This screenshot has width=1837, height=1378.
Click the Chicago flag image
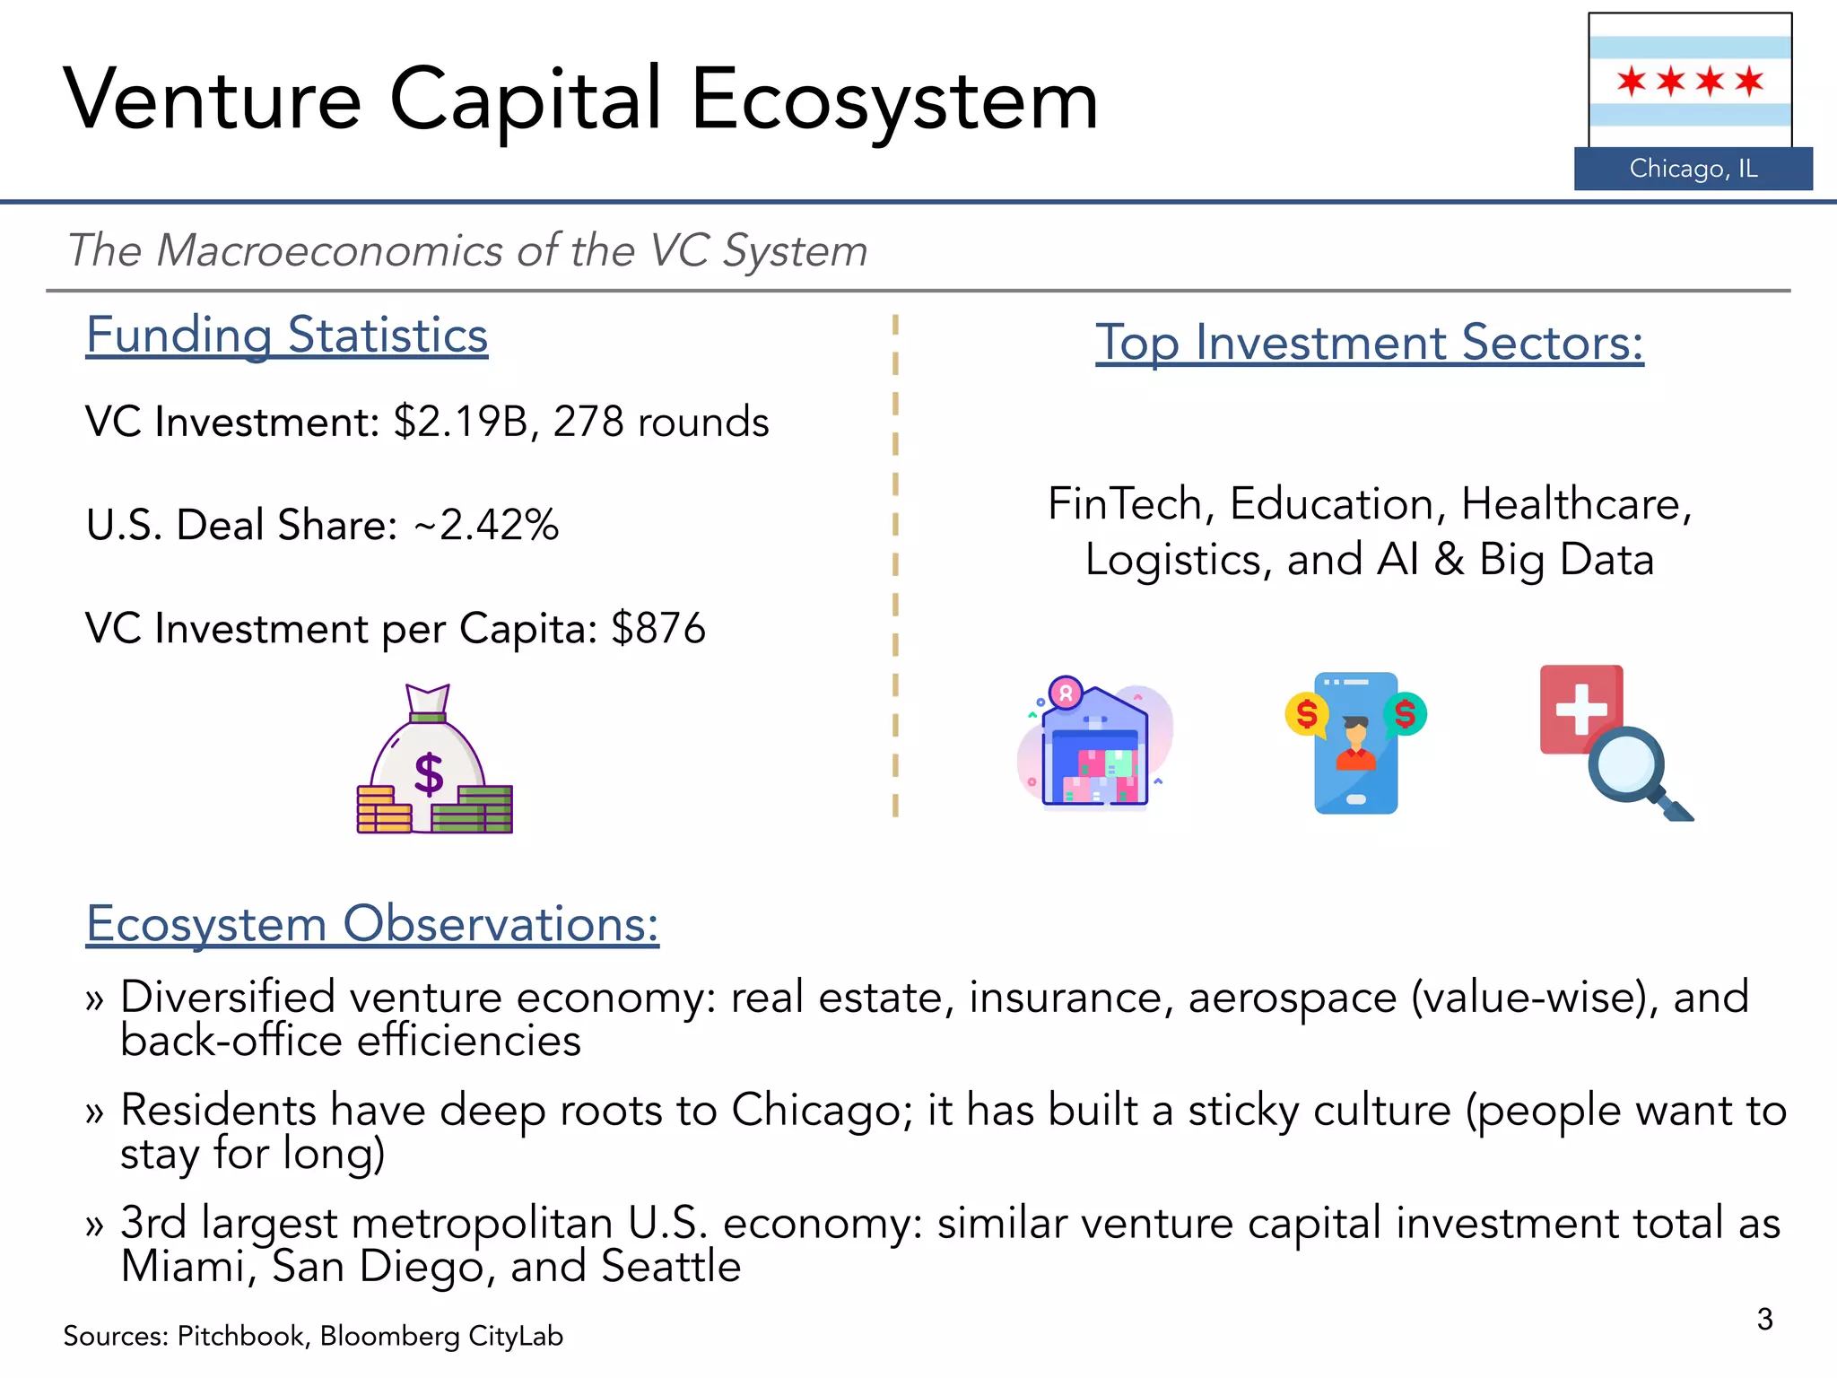point(1690,81)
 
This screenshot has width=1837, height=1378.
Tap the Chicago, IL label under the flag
point(1693,169)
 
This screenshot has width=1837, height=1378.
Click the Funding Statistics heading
point(286,336)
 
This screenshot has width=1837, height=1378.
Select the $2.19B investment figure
point(460,422)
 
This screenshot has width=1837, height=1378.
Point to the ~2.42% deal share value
point(486,525)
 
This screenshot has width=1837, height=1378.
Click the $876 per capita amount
point(658,628)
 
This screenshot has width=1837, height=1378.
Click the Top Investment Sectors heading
point(1369,343)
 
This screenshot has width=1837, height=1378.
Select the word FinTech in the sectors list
point(1125,503)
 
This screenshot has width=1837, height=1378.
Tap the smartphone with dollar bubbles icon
point(1355,743)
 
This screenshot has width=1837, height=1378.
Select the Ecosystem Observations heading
point(372,924)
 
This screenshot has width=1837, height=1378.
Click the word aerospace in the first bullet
point(1292,998)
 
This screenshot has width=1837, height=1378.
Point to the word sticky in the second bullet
point(1242,1111)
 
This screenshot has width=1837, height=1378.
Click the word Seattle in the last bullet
point(670,1267)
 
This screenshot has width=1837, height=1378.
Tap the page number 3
point(1764,1319)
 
